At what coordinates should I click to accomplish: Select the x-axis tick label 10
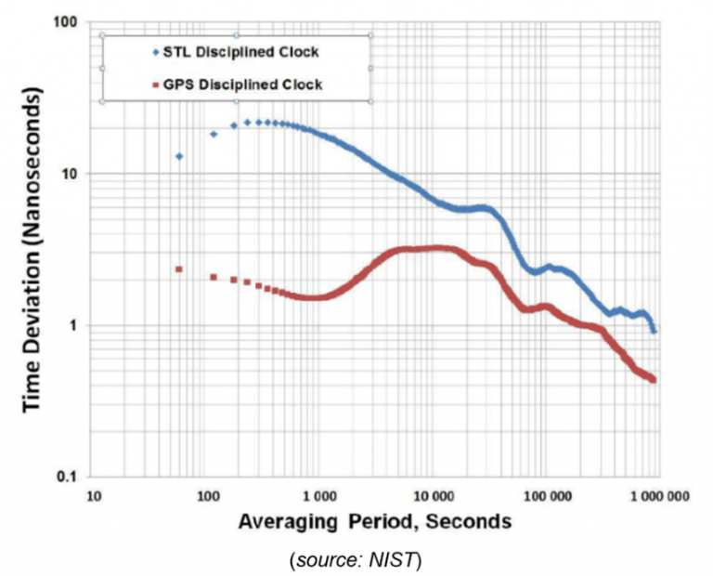(94, 497)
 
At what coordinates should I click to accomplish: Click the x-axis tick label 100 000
(545, 497)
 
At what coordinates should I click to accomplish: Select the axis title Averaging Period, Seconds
(374, 521)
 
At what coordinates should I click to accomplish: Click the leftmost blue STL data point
(179, 156)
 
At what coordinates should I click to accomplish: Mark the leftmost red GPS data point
(179, 269)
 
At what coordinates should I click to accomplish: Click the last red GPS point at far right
(654, 379)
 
